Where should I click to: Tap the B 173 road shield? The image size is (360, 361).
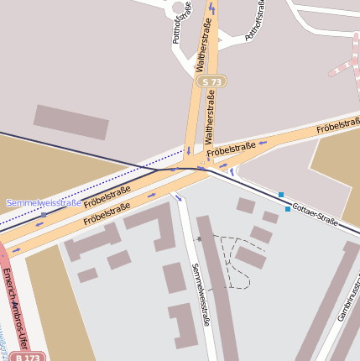pos(29,357)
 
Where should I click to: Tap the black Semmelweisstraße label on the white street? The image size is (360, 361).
pos(200,294)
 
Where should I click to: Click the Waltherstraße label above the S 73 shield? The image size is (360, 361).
pos(202,46)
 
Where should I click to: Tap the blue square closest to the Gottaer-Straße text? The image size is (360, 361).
pos(288,208)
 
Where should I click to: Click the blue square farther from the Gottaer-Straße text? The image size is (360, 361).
pos(281,195)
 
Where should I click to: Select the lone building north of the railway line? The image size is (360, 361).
pos(71,122)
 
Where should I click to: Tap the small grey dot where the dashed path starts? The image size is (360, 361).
pos(199,239)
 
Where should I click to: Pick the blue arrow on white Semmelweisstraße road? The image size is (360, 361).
pos(178,198)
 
